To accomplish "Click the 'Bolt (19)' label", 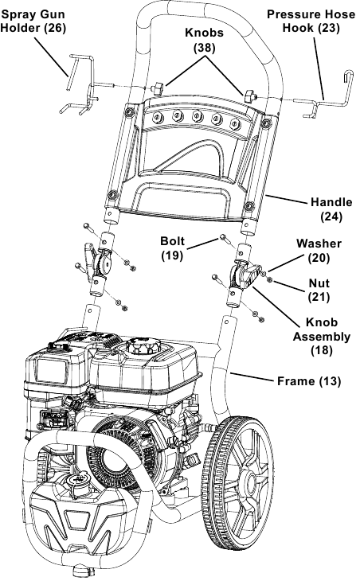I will point(172,248).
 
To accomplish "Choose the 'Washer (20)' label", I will point(319,250).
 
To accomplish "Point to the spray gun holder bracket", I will point(80,80).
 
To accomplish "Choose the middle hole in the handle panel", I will point(196,120).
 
